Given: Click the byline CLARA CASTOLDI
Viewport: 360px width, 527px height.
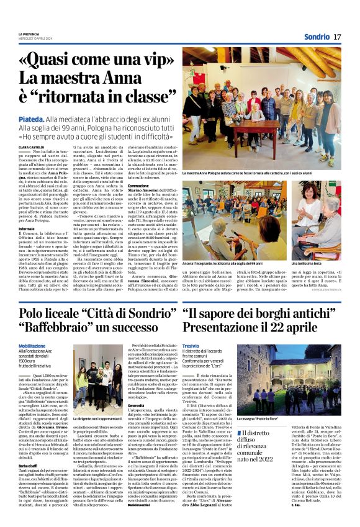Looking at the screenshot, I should click(x=32, y=146).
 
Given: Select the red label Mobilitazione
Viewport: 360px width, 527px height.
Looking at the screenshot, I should click(x=32, y=346).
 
